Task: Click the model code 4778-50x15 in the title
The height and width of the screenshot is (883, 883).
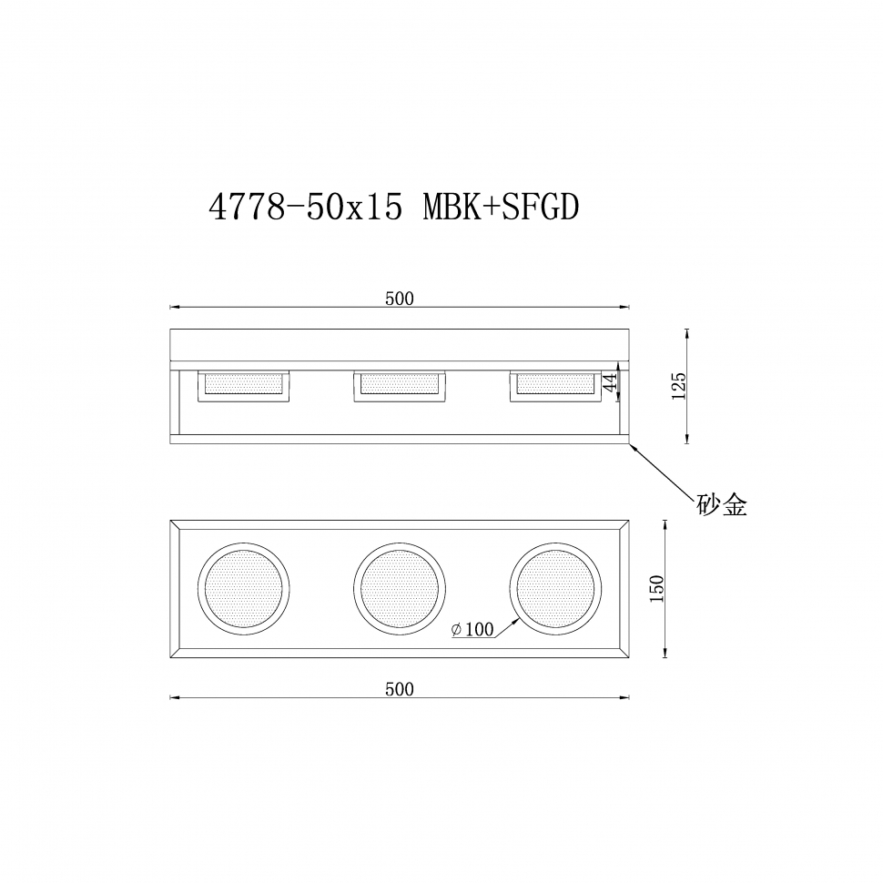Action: pyautogui.click(x=305, y=208)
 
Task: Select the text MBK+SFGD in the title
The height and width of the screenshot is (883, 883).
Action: pyautogui.click(x=501, y=208)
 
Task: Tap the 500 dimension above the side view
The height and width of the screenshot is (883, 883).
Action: pyautogui.click(x=399, y=299)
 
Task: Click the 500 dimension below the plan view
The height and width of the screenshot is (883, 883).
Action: pyautogui.click(x=399, y=689)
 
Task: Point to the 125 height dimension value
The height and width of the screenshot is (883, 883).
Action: pyautogui.click(x=678, y=386)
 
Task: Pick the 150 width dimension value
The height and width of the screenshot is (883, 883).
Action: pyautogui.click(x=658, y=587)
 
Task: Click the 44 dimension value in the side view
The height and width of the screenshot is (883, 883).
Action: pyautogui.click(x=611, y=382)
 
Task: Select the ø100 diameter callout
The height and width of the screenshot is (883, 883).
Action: pyautogui.click(x=472, y=629)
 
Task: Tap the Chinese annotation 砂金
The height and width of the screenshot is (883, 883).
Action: pyautogui.click(x=722, y=506)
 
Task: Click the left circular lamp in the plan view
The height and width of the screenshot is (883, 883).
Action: pyautogui.click(x=245, y=588)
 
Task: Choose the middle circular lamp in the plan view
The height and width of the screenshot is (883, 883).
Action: pyautogui.click(x=400, y=588)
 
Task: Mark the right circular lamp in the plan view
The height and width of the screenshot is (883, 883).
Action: pyautogui.click(x=554, y=588)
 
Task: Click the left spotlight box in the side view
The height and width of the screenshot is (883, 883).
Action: pyautogui.click(x=244, y=385)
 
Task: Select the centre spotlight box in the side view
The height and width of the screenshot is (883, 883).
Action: pyautogui.click(x=400, y=385)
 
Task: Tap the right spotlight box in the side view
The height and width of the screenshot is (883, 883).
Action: pyautogui.click(x=554, y=385)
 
